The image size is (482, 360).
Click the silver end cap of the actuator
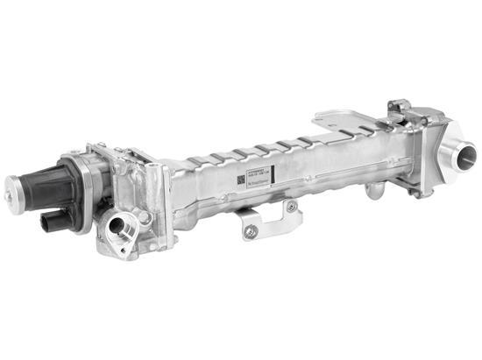point(15,186)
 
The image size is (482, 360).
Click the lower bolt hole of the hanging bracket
point(252,231)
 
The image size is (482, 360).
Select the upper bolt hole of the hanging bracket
point(291,206)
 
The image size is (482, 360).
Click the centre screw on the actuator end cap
point(12,187)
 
